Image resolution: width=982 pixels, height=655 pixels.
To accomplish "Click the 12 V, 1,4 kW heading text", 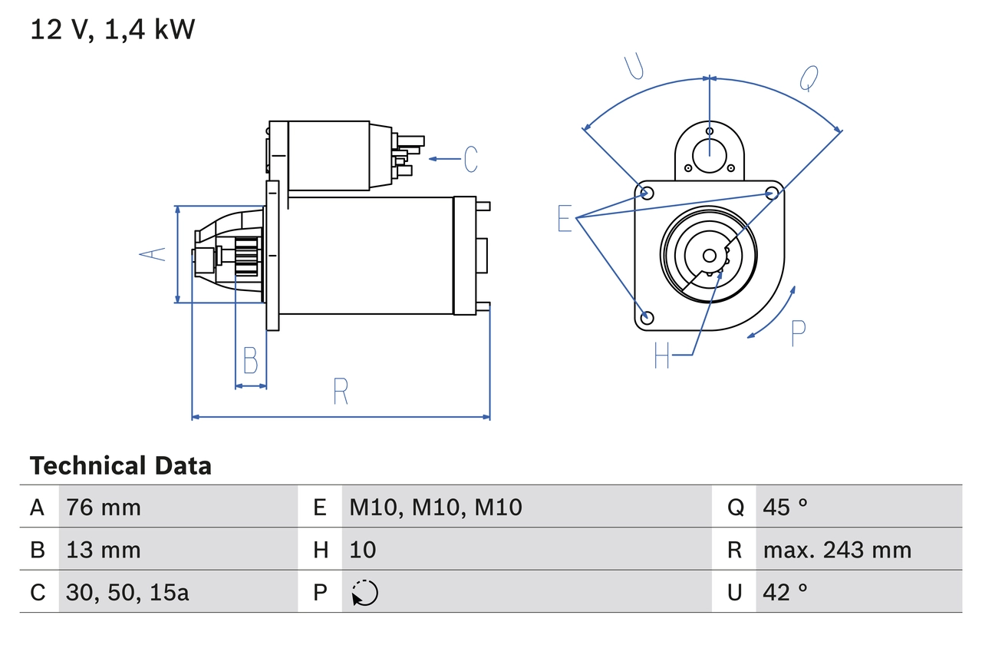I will (113, 30).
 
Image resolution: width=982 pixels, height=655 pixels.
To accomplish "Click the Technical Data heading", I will (120, 466).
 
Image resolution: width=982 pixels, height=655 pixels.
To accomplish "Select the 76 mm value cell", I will (104, 507).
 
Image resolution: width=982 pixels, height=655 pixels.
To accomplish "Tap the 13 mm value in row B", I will (104, 550).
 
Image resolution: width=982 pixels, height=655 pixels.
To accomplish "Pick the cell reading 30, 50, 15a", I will (127, 593).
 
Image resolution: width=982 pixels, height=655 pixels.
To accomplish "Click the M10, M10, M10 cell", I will (436, 507).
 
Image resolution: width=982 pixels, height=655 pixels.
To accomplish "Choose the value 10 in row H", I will (363, 550).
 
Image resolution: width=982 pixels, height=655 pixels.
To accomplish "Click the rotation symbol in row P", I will (364, 593).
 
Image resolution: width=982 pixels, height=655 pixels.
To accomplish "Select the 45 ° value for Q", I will (786, 507).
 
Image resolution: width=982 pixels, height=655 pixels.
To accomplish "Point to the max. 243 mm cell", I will (837, 550).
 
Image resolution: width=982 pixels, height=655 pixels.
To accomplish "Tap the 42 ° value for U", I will (786, 593).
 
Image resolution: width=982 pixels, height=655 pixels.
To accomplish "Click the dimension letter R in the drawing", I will (341, 392).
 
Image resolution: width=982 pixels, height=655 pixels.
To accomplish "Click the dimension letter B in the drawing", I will (250, 360).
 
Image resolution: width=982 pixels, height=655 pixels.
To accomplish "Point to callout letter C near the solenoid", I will (470, 159).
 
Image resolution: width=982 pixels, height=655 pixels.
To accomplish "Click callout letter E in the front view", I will (565, 219).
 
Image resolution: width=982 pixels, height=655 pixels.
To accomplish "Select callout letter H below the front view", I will (662, 355).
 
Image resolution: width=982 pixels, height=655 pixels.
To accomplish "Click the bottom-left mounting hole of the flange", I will (647, 317).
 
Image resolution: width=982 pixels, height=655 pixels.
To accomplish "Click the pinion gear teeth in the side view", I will (248, 256).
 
